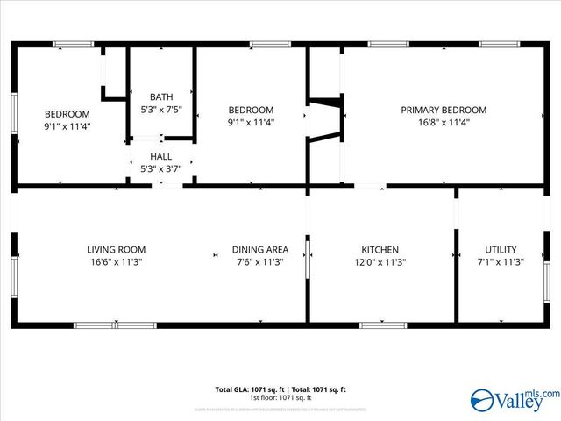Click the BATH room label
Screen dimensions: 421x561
(x=161, y=97)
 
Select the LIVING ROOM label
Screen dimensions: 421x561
(x=117, y=249)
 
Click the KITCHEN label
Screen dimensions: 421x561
(x=380, y=249)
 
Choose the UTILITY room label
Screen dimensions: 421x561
(x=501, y=249)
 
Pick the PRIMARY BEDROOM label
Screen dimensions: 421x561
(x=444, y=110)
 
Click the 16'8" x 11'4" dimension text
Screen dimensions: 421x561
(x=444, y=123)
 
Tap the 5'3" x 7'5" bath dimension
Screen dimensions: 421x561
(x=161, y=110)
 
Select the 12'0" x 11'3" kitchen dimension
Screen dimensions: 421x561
(x=380, y=262)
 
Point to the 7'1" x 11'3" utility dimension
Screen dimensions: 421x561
(x=501, y=262)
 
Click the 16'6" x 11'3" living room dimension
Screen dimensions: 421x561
(x=117, y=262)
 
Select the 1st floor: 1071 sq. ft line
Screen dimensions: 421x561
(x=280, y=398)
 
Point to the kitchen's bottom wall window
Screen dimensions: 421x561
(x=383, y=325)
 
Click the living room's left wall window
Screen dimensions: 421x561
(x=13, y=277)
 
